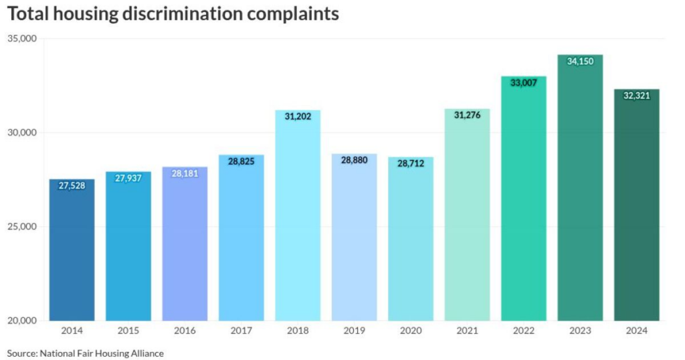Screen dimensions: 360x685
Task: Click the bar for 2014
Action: [72, 250]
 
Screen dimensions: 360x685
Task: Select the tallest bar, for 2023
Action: [580, 188]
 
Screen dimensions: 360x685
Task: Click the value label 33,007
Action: [523, 83]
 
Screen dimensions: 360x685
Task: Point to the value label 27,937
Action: [128, 179]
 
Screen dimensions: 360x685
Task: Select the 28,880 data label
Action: [355, 161]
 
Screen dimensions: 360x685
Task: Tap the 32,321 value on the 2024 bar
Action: [636, 96]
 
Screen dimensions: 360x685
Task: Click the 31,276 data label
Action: [467, 115]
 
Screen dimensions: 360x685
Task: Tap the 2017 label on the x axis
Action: [241, 331]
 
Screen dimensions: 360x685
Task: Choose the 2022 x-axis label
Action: [523, 331]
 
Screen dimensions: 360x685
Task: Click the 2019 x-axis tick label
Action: [354, 331]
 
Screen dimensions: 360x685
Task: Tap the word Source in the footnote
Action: [21, 353]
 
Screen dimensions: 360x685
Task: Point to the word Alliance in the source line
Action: [146, 353]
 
